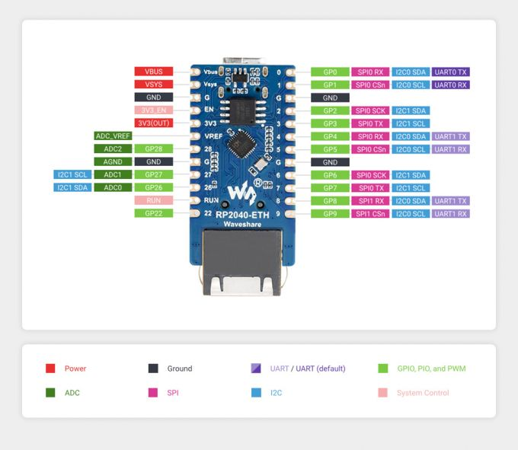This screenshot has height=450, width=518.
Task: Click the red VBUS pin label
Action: click(153, 72)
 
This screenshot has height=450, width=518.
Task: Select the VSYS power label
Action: click(153, 85)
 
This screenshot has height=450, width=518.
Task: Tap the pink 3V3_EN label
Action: click(153, 110)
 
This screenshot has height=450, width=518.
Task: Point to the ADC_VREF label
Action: click(113, 136)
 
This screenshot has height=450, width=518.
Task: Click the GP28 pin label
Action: click(153, 148)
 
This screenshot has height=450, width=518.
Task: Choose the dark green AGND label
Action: click(113, 161)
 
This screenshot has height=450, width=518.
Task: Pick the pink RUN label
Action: click(153, 200)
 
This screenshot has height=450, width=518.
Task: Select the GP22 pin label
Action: click(153, 213)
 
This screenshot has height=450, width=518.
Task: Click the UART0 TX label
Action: click(451, 72)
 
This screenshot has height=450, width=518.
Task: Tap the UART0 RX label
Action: click(451, 85)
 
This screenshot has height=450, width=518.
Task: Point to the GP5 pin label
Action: click(330, 149)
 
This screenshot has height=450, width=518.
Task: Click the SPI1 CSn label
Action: click(370, 214)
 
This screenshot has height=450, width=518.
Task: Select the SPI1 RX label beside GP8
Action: click(370, 201)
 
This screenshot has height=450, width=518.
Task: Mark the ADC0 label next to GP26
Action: click(113, 187)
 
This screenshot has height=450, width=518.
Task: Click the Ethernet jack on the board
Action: click(240, 263)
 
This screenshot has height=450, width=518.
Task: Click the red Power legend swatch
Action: click(50, 369)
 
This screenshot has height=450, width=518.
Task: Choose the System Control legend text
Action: click(423, 393)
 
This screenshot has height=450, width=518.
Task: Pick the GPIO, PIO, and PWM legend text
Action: click(431, 369)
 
